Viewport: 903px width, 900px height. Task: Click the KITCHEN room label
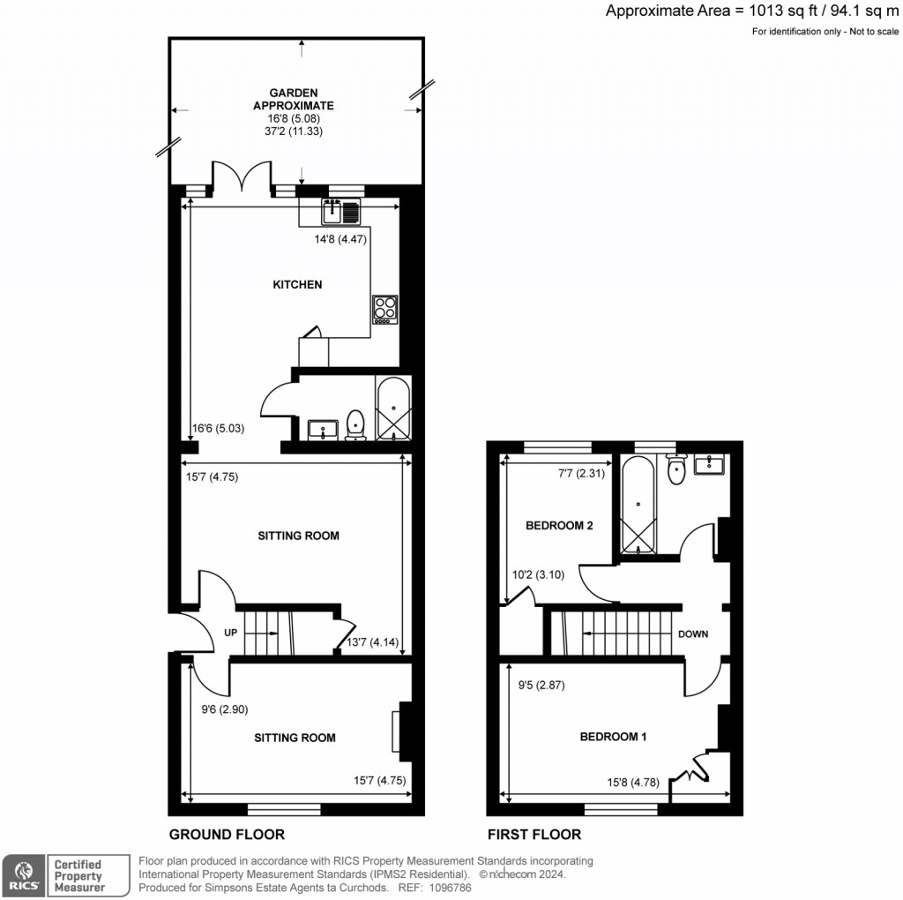[297, 285]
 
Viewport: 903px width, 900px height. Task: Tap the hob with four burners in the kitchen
[384, 309]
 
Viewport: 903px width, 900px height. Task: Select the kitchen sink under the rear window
[340, 213]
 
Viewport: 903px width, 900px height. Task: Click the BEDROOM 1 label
[613, 737]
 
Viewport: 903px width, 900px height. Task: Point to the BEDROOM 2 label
[559, 526]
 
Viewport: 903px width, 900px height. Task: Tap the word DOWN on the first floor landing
[692, 634]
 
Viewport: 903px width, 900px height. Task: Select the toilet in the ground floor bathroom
[355, 424]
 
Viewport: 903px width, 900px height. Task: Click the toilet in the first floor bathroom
[676, 469]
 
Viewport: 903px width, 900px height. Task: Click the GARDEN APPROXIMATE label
[294, 99]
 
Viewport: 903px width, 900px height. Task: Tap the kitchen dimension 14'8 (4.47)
[340, 238]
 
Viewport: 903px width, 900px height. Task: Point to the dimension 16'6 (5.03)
[218, 429]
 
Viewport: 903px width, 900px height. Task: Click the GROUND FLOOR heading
[227, 835]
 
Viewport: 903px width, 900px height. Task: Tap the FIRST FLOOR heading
[534, 835]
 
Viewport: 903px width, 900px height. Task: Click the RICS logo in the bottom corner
[22, 874]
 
